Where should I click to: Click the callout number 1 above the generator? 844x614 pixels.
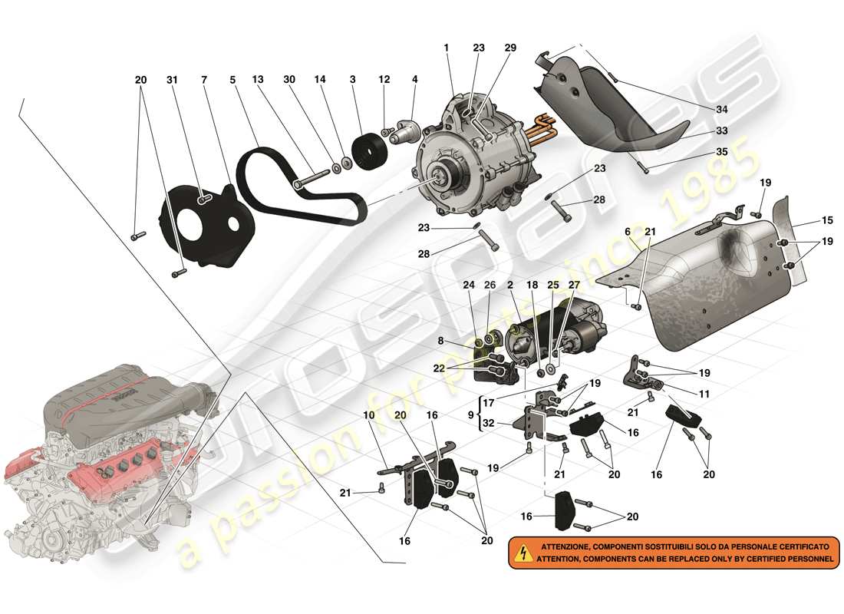[446, 48]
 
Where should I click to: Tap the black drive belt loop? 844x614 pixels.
[253, 153]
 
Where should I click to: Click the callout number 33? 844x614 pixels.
[722, 131]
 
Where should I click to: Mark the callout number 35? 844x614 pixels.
[722, 152]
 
